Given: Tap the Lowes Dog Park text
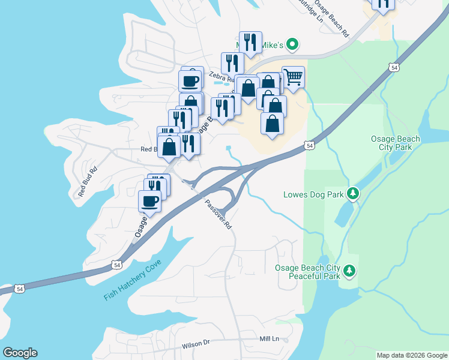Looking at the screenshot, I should point(313,194).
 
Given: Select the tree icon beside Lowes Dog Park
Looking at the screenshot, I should point(354,193).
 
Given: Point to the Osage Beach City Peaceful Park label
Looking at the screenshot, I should point(307,272).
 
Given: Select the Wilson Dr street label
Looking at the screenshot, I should point(196,343).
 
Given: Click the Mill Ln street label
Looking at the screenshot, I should point(270,339).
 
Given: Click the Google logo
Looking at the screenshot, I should point(19,353).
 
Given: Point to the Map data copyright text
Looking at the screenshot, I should point(411,355).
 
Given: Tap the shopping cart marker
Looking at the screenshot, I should point(293,76).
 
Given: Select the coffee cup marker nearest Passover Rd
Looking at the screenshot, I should point(150,201).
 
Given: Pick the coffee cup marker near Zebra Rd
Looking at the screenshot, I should point(190,80).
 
